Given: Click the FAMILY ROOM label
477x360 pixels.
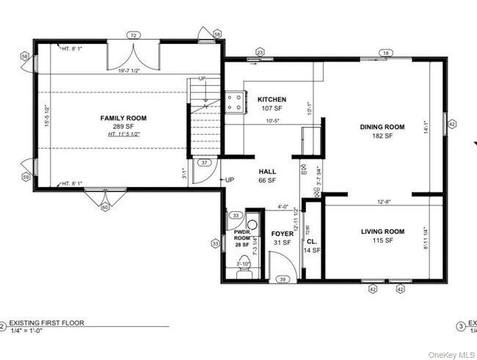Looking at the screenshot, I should [123, 117].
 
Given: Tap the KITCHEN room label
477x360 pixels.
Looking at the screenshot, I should [272, 100].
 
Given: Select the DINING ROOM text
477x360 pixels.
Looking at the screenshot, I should [382, 127].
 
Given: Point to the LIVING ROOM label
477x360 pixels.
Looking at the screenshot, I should [382, 232].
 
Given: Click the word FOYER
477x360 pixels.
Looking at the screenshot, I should [282, 234].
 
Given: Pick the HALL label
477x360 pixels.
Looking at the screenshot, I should [266, 171].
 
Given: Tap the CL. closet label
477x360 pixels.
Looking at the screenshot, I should [311, 240].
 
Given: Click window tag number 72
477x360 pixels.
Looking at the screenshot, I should [133, 34].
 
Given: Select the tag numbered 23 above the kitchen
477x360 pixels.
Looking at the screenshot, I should [260, 52].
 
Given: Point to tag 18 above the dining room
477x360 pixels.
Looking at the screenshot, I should [385, 52].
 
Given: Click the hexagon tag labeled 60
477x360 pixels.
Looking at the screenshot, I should [104, 207].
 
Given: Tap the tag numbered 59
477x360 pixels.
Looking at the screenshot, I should [26, 177].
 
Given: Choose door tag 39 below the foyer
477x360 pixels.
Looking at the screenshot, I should [282, 279].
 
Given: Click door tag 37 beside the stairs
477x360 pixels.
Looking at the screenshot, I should [205, 163].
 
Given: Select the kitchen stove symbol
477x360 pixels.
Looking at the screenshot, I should [236, 102].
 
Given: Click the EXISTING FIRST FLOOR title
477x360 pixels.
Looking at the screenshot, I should [45, 322].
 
